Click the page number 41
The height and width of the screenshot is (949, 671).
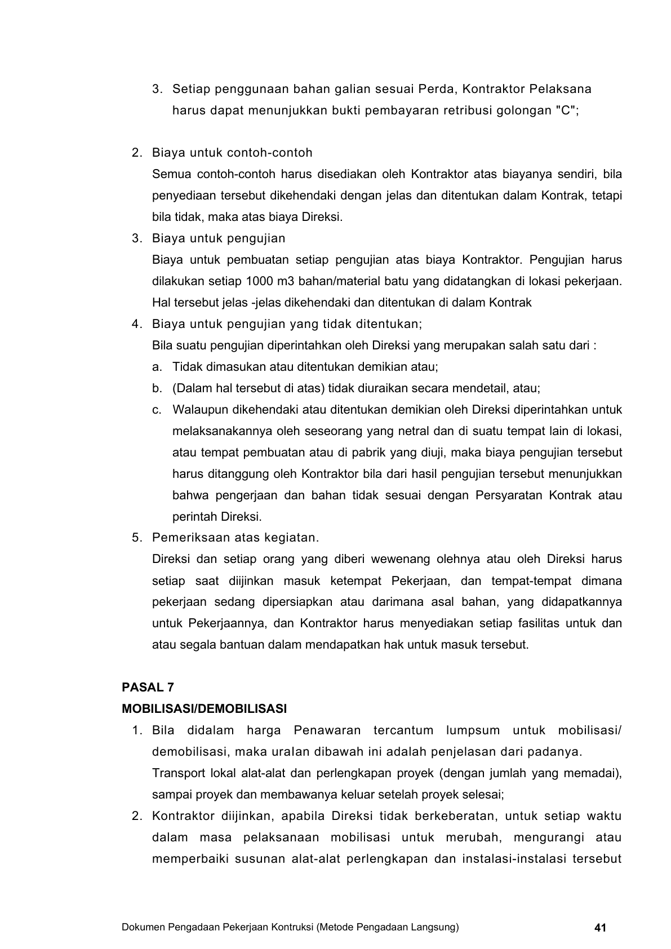click(x=600, y=928)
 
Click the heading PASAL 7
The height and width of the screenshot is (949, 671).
click(x=148, y=688)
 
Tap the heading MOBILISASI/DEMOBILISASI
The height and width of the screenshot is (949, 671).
click(x=205, y=709)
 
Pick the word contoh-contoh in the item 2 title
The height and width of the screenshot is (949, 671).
click(x=275, y=153)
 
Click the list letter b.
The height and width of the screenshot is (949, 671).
click(x=157, y=388)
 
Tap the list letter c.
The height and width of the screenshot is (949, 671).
click(x=157, y=410)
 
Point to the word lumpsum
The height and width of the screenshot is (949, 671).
click(x=473, y=730)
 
